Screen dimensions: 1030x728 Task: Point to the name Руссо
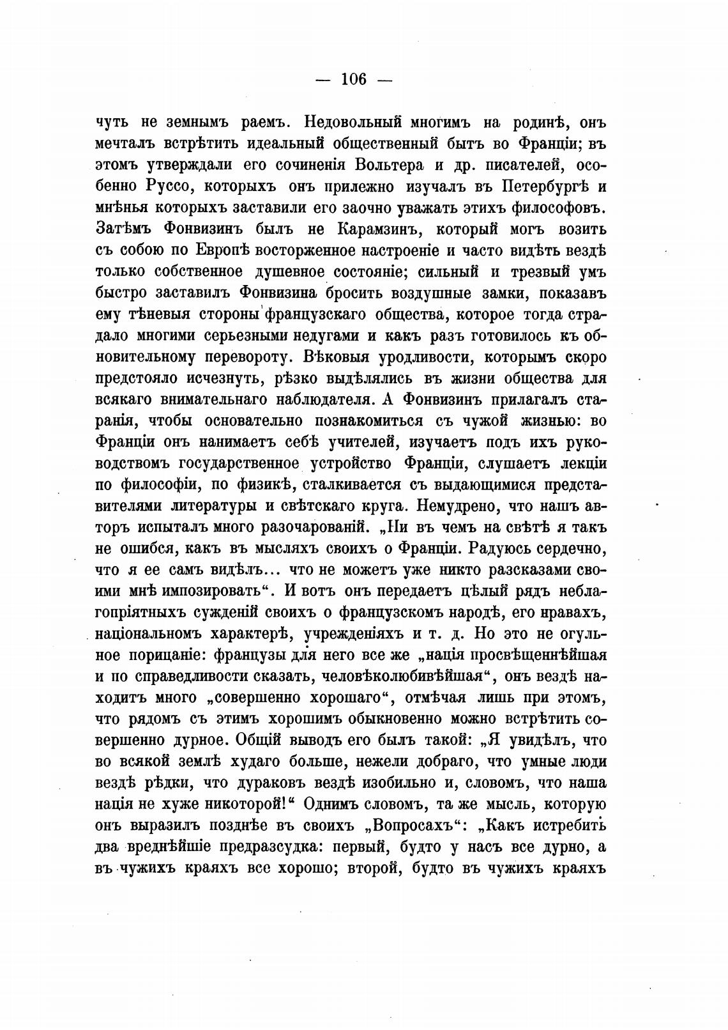162,186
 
